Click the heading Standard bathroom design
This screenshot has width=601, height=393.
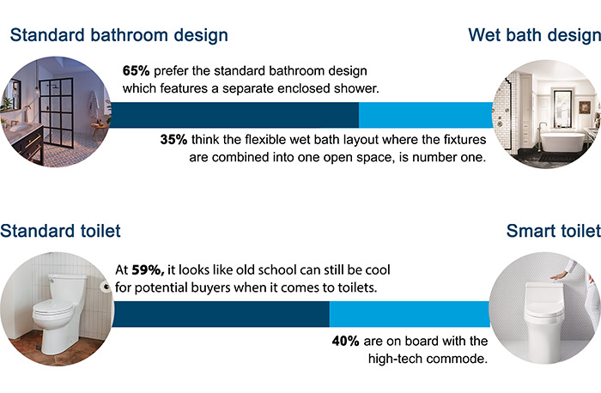[118, 36]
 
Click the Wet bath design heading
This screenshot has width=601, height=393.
[533, 36]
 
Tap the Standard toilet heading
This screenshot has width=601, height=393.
[60, 231]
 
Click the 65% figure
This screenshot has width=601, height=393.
[137, 71]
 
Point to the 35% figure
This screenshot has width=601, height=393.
[177, 137]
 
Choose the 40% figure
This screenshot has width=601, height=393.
[348, 341]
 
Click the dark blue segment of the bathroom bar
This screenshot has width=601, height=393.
[232, 114]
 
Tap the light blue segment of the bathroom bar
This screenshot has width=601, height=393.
[425, 114]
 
